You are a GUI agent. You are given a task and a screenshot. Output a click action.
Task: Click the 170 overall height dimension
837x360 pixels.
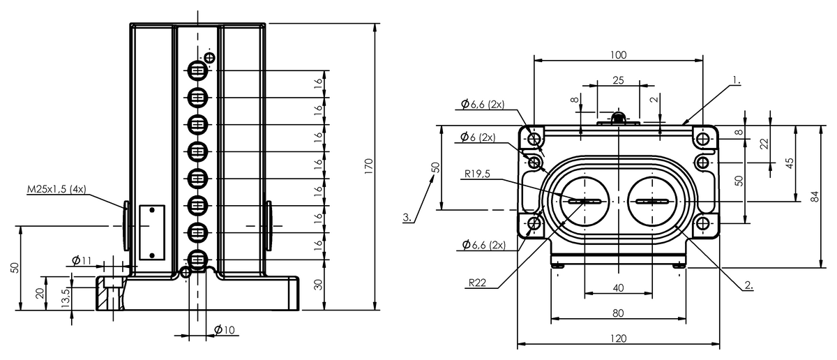click(369, 166)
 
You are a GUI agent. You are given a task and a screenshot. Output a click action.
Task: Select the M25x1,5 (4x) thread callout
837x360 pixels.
click(56, 189)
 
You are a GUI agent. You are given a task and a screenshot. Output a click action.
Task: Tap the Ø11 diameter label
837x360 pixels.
click(82, 261)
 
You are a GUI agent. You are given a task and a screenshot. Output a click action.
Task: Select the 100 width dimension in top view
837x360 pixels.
click(618, 54)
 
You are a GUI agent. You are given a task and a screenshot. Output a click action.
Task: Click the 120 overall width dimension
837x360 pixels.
click(618, 338)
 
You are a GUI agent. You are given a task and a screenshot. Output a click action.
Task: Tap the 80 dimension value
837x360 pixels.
click(618, 313)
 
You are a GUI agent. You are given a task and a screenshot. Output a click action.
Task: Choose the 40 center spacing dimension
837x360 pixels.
click(618, 287)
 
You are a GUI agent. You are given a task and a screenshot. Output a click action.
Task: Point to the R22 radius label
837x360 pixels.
click(478, 283)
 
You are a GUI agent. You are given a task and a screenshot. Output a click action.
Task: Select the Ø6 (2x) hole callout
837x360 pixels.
click(477, 137)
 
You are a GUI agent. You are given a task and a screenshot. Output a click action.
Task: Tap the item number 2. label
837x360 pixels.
click(748, 285)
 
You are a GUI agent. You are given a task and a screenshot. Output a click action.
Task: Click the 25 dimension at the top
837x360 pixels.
click(618, 80)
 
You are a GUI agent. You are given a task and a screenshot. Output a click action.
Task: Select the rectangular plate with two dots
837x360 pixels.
click(151, 231)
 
